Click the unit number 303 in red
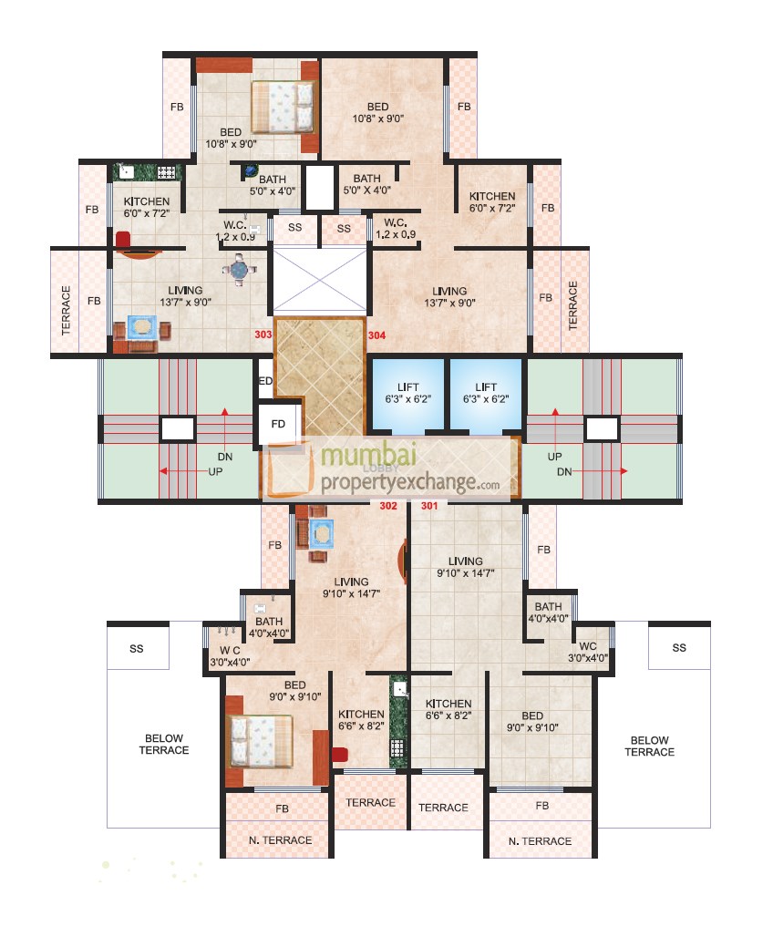263,335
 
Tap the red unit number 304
377,335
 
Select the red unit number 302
388,506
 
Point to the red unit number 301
429,506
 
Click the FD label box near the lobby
278,423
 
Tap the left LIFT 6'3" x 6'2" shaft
407,394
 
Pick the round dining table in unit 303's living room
239,270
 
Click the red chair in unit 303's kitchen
123,239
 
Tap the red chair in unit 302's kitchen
340,754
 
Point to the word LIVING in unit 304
449,292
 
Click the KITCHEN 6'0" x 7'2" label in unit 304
492,201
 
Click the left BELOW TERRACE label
164,745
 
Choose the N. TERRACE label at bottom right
541,840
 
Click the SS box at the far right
678,647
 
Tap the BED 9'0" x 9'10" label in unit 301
533,721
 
